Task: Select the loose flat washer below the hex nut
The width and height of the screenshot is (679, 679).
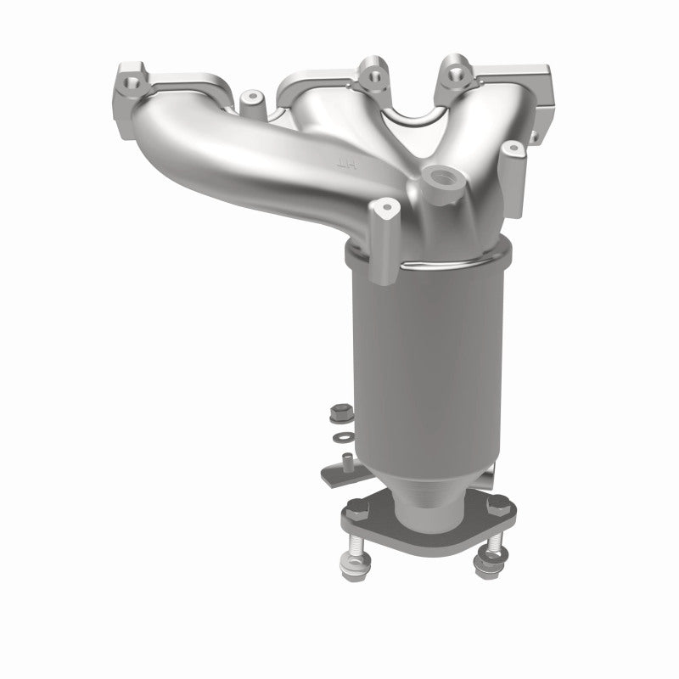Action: [340, 437]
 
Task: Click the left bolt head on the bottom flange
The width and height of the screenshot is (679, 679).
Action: [355, 513]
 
